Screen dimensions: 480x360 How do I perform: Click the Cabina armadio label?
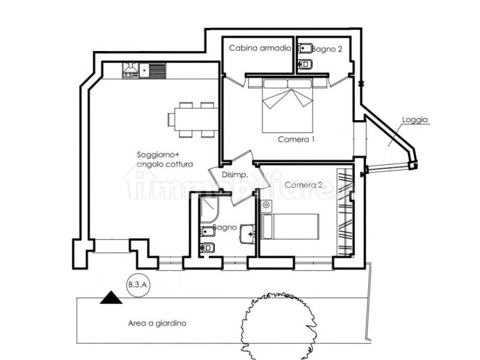[x=260, y=48]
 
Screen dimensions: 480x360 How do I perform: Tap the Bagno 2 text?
[x=327, y=49]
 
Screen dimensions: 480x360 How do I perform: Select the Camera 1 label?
[x=296, y=140]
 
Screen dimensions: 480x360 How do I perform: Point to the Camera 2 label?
[x=303, y=185]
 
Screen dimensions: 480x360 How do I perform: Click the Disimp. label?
[x=235, y=175]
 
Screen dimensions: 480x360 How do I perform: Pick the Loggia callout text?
[x=415, y=120]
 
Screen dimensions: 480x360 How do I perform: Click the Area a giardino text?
[x=157, y=323]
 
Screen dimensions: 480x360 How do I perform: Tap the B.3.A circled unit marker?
[x=138, y=285]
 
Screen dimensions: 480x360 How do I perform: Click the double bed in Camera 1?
[x=287, y=106]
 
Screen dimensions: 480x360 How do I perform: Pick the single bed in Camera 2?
[x=290, y=227]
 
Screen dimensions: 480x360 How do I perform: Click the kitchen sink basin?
[x=144, y=71]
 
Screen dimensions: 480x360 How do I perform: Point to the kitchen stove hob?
[x=130, y=70]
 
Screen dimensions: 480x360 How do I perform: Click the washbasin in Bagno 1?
[x=247, y=234]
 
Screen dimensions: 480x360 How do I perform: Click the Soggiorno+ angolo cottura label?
[x=165, y=159]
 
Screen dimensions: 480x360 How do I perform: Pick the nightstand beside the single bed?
[x=266, y=206]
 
